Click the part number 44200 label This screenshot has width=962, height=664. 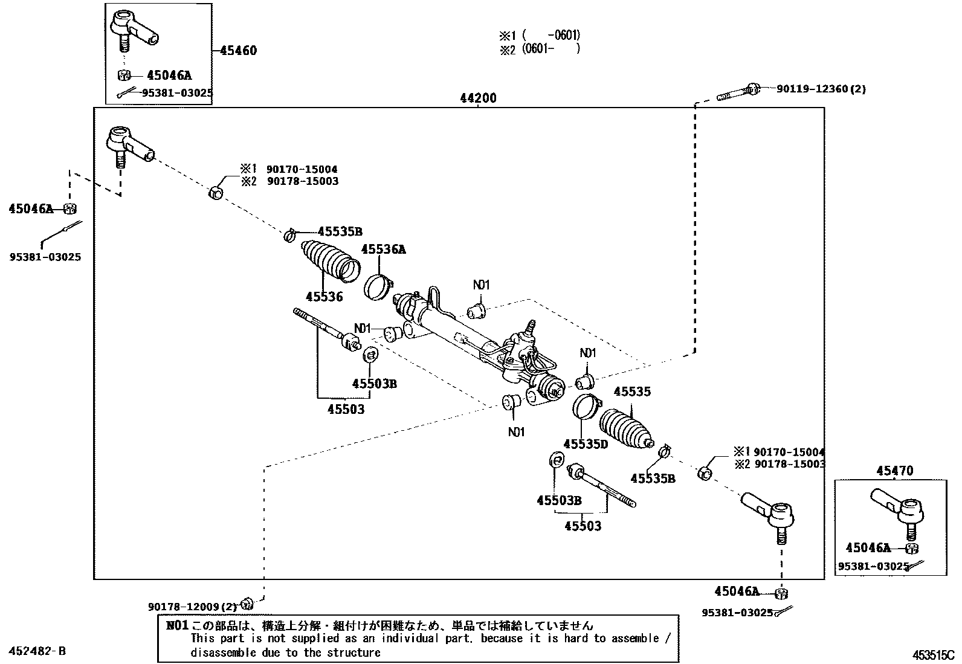477,98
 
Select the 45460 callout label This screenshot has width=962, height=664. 238,51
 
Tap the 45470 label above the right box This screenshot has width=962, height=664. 894,471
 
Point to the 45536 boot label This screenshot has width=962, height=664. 324,297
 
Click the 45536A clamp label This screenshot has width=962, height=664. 383,250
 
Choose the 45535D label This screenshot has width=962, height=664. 586,444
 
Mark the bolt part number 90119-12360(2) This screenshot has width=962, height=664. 821,89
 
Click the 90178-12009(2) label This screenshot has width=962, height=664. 192,607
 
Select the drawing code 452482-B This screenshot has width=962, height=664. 37,651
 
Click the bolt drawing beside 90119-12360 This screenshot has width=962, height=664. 738,92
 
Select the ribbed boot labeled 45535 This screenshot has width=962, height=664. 625,430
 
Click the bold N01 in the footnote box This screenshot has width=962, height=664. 178,625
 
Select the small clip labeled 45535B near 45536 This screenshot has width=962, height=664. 289,234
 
